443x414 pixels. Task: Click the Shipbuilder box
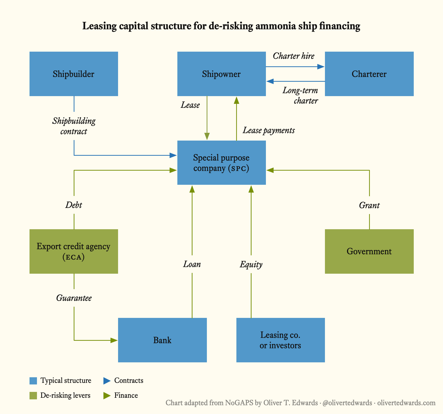click(x=74, y=74)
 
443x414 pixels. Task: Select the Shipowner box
click(x=221, y=74)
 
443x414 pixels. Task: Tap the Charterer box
click(x=369, y=74)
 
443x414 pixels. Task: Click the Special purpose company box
click(x=221, y=163)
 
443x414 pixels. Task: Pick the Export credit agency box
click(x=74, y=251)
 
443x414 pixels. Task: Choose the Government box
click(x=369, y=251)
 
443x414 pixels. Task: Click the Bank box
click(x=162, y=340)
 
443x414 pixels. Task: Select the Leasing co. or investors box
click(x=281, y=340)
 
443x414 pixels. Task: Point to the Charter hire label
click(x=294, y=56)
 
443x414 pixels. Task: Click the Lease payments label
click(x=269, y=130)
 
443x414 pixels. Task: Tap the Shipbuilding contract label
click(x=74, y=126)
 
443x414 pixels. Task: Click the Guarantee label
click(x=74, y=298)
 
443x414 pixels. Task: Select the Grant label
click(x=369, y=205)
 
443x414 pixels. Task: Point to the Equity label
click(x=251, y=264)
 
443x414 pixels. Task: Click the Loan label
click(x=192, y=264)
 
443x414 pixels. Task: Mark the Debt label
click(x=74, y=205)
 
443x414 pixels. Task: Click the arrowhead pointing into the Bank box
click(x=114, y=340)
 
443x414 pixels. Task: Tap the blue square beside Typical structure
click(x=33, y=381)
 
